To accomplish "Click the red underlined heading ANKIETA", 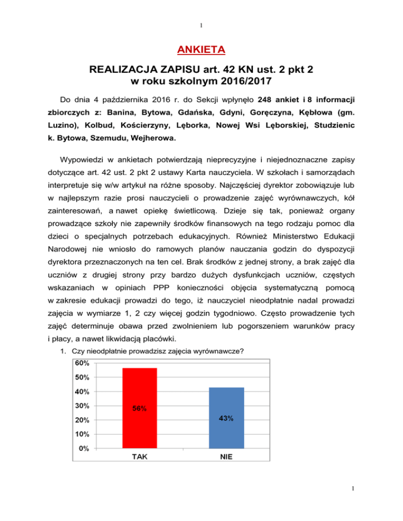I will click(x=201, y=50).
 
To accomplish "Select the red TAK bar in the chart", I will click(x=139, y=408).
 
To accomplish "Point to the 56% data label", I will click(x=139, y=410).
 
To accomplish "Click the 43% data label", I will click(x=226, y=418).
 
